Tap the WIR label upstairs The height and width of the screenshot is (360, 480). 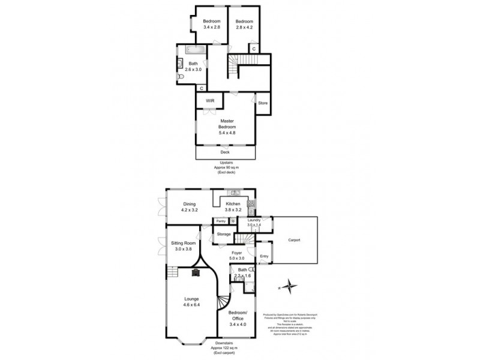[x=210, y=101]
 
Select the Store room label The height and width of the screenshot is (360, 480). [x=262, y=104]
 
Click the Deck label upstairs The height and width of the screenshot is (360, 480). [x=225, y=152]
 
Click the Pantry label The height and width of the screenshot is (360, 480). [x=221, y=221]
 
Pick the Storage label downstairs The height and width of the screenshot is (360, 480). [x=224, y=234]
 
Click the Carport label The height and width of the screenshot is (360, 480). [x=294, y=239]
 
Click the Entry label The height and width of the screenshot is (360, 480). [x=264, y=257]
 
